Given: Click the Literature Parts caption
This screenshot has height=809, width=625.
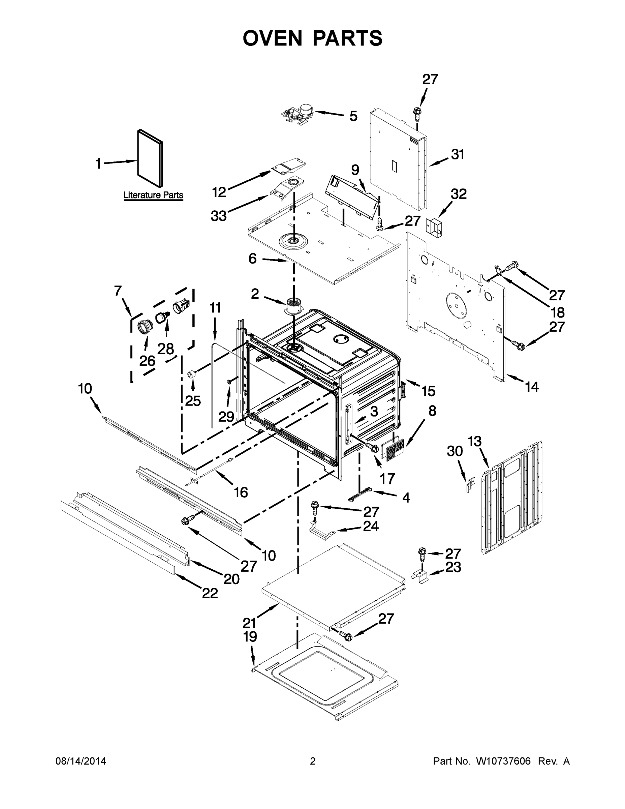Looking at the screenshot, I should pyautogui.click(x=153, y=195).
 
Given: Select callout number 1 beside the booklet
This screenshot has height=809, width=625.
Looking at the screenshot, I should pyautogui.click(x=98, y=163).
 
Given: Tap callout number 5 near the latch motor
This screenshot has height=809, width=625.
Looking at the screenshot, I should pyautogui.click(x=353, y=116).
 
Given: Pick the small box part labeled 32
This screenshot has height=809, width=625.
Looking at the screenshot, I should pyautogui.click(x=434, y=228).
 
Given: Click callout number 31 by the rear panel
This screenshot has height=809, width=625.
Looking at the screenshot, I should pyautogui.click(x=458, y=154).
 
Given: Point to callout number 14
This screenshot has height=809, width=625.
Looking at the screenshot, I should pyautogui.click(x=532, y=387).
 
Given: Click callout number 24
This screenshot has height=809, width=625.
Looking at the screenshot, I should pyautogui.click(x=371, y=526).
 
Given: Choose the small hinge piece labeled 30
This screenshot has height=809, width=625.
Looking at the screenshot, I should pyautogui.click(x=469, y=485).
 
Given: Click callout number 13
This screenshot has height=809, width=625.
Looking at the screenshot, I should pyautogui.click(x=474, y=442).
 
